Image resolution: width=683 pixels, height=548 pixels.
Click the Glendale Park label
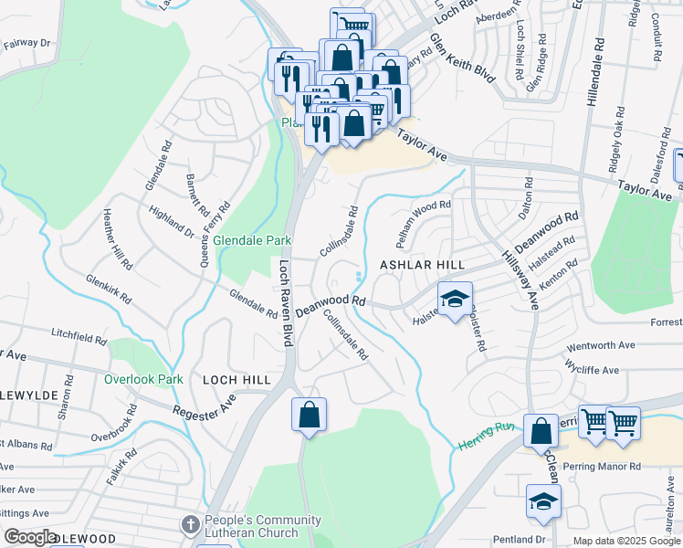[x=252, y=240]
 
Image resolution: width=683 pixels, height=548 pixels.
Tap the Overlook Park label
[x=143, y=379]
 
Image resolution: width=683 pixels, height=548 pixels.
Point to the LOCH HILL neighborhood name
[x=236, y=379]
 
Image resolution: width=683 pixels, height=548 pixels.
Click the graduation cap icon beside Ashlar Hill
[x=456, y=298]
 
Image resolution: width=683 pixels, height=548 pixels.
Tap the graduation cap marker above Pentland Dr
[x=543, y=501]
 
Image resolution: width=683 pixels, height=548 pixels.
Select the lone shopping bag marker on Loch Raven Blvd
[x=310, y=415]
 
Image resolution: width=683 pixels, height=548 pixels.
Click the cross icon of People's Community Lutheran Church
[x=190, y=524]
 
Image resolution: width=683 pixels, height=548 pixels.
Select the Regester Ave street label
[x=205, y=404]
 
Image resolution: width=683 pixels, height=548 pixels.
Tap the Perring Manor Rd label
[x=604, y=466]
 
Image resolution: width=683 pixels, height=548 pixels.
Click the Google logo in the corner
[x=31, y=537]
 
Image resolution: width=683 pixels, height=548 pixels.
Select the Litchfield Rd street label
[x=79, y=337]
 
